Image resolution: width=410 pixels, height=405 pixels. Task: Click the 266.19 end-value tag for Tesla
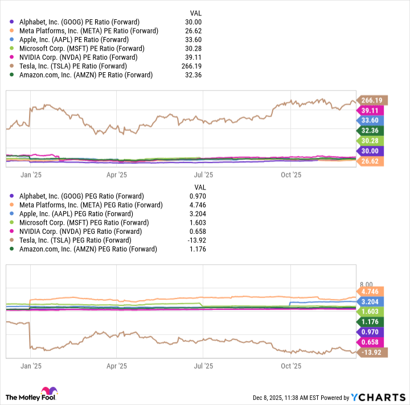pos(372,101)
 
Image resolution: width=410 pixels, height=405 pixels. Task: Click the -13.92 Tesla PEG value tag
pos(372,353)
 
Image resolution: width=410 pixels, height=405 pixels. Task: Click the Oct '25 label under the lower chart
pos(291,367)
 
